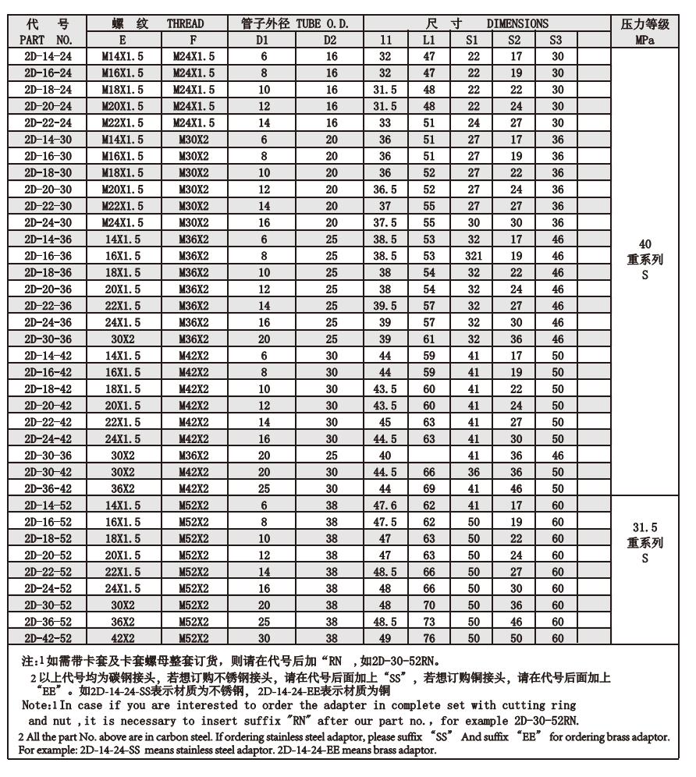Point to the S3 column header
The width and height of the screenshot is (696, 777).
(557, 38)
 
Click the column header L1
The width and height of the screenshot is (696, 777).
(428, 38)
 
